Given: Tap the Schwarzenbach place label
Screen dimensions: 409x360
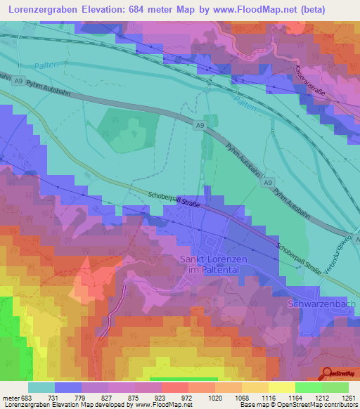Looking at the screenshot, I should coord(323,303).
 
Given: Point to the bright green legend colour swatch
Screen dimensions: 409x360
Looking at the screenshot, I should coord(308,387).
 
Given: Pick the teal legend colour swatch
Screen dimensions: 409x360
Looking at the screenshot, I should coord(41,387).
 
